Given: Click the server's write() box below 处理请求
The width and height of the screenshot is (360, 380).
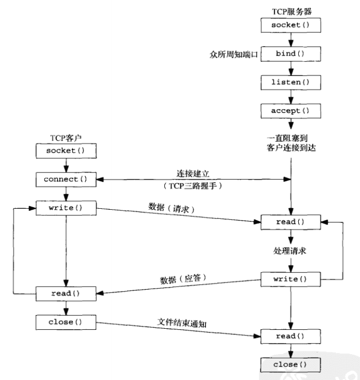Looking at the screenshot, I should tap(289, 279).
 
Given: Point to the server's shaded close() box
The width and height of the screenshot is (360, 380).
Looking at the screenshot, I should tap(289, 365).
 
